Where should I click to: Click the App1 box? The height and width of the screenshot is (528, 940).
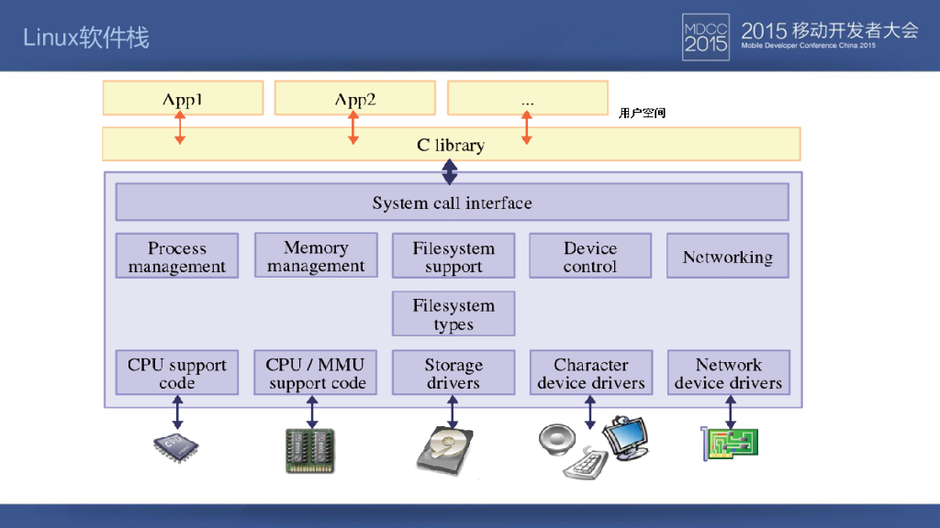click(183, 98)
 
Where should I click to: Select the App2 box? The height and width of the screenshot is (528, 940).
click(354, 98)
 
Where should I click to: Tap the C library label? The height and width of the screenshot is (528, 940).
click(451, 145)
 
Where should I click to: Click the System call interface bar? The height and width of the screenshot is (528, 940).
click(452, 203)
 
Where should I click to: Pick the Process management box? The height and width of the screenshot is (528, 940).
click(177, 257)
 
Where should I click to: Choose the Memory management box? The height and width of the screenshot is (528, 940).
click(316, 257)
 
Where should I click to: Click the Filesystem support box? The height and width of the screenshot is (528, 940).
click(453, 257)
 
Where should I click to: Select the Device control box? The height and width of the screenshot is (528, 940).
click(590, 257)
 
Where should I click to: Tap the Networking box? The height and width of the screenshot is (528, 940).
click(728, 257)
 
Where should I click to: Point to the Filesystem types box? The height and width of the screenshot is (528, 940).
click(453, 314)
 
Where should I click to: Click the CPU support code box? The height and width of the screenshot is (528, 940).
click(177, 373)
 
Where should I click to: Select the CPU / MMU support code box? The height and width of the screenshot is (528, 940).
click(316, 373)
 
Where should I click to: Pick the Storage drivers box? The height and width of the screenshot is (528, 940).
click(453, 373)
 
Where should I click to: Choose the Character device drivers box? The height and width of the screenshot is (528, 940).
click(591, 373)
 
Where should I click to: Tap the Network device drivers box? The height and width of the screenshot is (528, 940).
click(729, 373)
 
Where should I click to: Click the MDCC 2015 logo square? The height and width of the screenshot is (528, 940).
click(705, 37)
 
